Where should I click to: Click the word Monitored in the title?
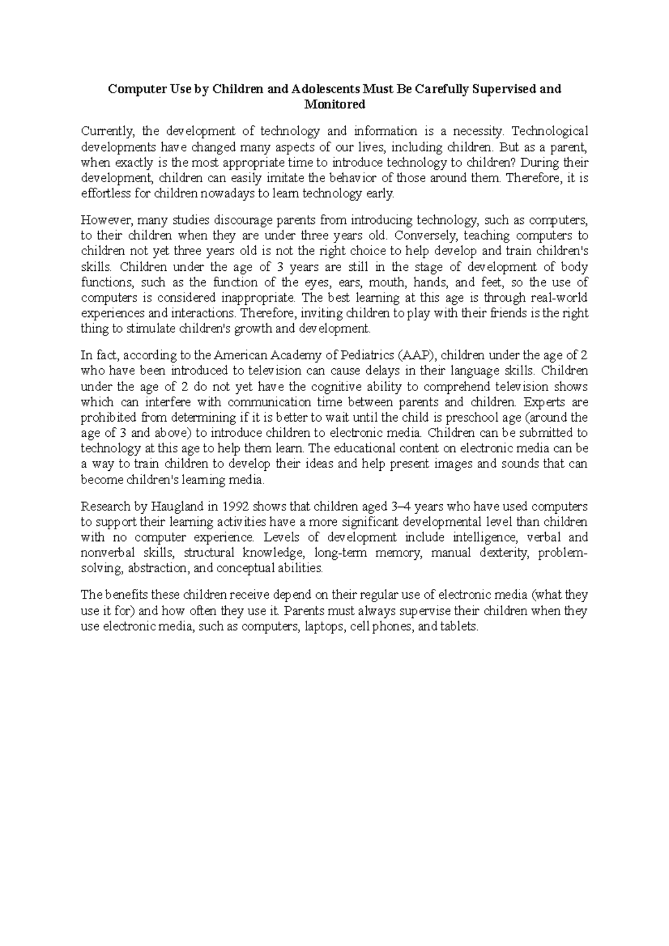point(334,104)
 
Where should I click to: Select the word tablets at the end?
point(460,627)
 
